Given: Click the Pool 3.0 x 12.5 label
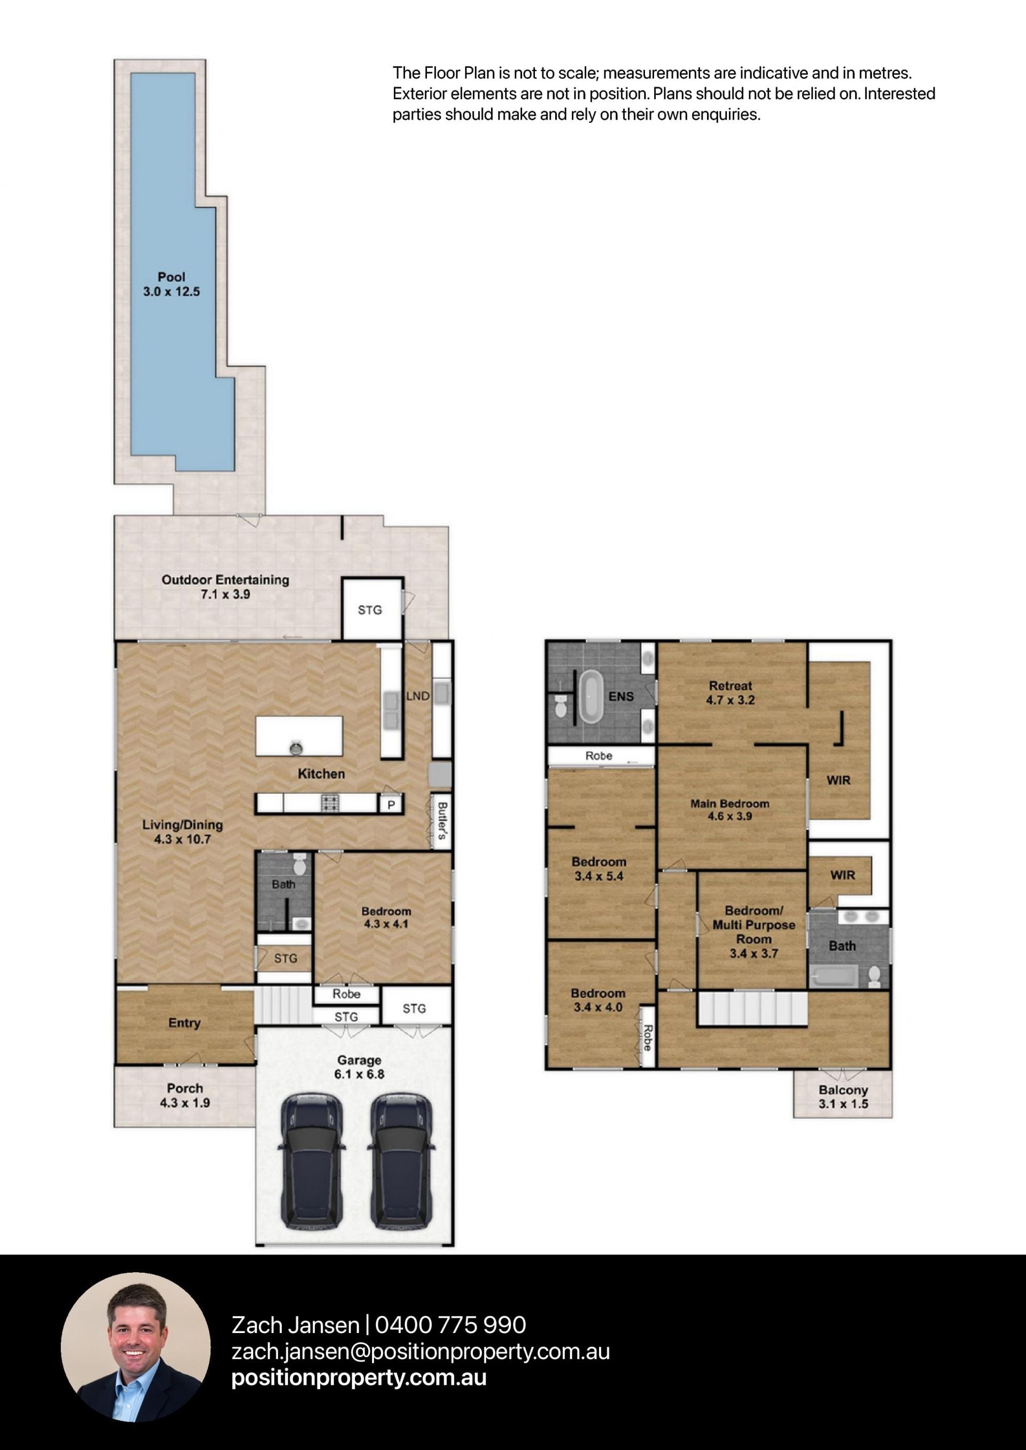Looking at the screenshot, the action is (171, 284).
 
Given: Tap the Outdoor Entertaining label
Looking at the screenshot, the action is (225, 580).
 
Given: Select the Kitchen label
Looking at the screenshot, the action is (322, 774).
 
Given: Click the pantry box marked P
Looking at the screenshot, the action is (391, 804).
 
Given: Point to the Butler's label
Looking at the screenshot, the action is (442, 820).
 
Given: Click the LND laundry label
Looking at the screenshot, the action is (417, 696).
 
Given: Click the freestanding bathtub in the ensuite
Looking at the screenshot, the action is (592, 697).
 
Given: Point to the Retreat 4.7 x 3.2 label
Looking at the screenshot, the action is (730, 693).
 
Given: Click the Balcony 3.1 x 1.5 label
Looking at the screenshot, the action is (843, 1097).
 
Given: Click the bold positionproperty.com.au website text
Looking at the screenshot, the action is (359, 1377).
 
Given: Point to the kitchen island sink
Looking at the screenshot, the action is (296, 748).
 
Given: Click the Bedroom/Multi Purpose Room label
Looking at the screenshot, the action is (753, 931).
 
